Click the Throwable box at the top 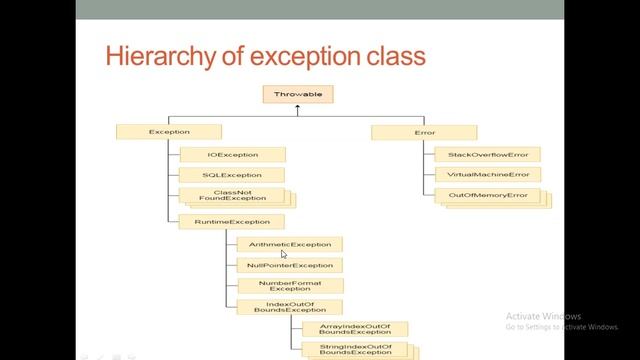point(298,96)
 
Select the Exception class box point(169,132)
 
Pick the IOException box point(232,155)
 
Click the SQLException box point(232,175)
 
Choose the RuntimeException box point(232,222)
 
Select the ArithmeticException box point(289,244)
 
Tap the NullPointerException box point(289,265)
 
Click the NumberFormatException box point(289,286)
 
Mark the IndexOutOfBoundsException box point(289,307)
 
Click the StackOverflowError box point(488,155)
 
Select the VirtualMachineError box point(488,175)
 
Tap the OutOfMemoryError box point(488,195)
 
